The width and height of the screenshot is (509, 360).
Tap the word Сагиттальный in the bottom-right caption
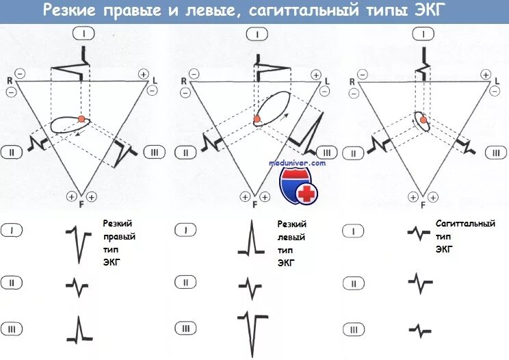(465, 223)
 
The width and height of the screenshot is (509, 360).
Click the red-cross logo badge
(299, 185)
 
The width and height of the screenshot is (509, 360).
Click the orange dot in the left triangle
(81, 119)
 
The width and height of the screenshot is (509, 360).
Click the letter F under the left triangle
(81, 204)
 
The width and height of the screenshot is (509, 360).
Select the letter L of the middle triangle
(327, 81)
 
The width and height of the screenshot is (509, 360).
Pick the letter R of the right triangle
(352, 81)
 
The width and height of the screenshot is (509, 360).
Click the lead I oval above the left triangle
(83, 33)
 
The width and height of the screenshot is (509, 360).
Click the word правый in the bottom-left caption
(118, 237)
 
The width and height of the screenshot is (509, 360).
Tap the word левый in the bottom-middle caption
(290, 237)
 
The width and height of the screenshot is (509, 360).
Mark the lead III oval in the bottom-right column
(353, 329)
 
